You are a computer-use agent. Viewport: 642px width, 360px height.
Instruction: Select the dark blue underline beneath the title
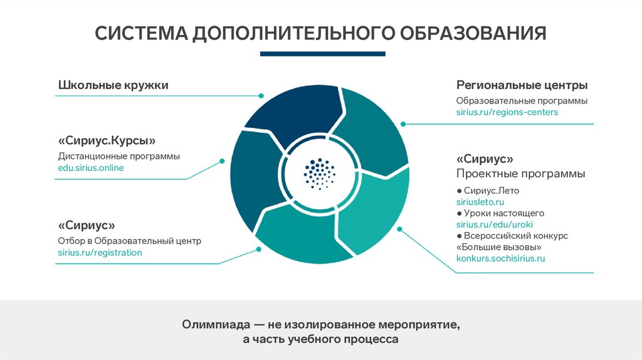click(322, 55)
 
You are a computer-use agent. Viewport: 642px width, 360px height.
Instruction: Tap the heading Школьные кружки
click(113, 85)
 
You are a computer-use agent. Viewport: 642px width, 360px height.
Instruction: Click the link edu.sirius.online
click(91, 168)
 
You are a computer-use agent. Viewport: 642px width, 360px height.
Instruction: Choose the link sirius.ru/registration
click(100, 253)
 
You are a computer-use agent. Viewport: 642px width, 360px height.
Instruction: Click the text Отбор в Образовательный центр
click(130, 241)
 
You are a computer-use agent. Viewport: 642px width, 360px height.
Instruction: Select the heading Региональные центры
click(522, 85)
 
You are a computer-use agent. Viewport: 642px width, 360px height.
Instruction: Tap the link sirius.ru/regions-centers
click(507, 112)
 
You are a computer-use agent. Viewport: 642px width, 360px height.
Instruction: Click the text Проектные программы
click(520, 174)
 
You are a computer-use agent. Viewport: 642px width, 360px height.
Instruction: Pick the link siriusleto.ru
click(480, 202)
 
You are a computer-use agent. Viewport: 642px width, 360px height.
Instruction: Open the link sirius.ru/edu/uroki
click(495, 225)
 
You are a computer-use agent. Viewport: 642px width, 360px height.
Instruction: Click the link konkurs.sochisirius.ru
click(501, 258)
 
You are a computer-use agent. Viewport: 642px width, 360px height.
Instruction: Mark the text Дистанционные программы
click(119, 156)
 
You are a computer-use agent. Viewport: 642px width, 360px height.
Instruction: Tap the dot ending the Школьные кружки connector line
click(260, 96)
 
